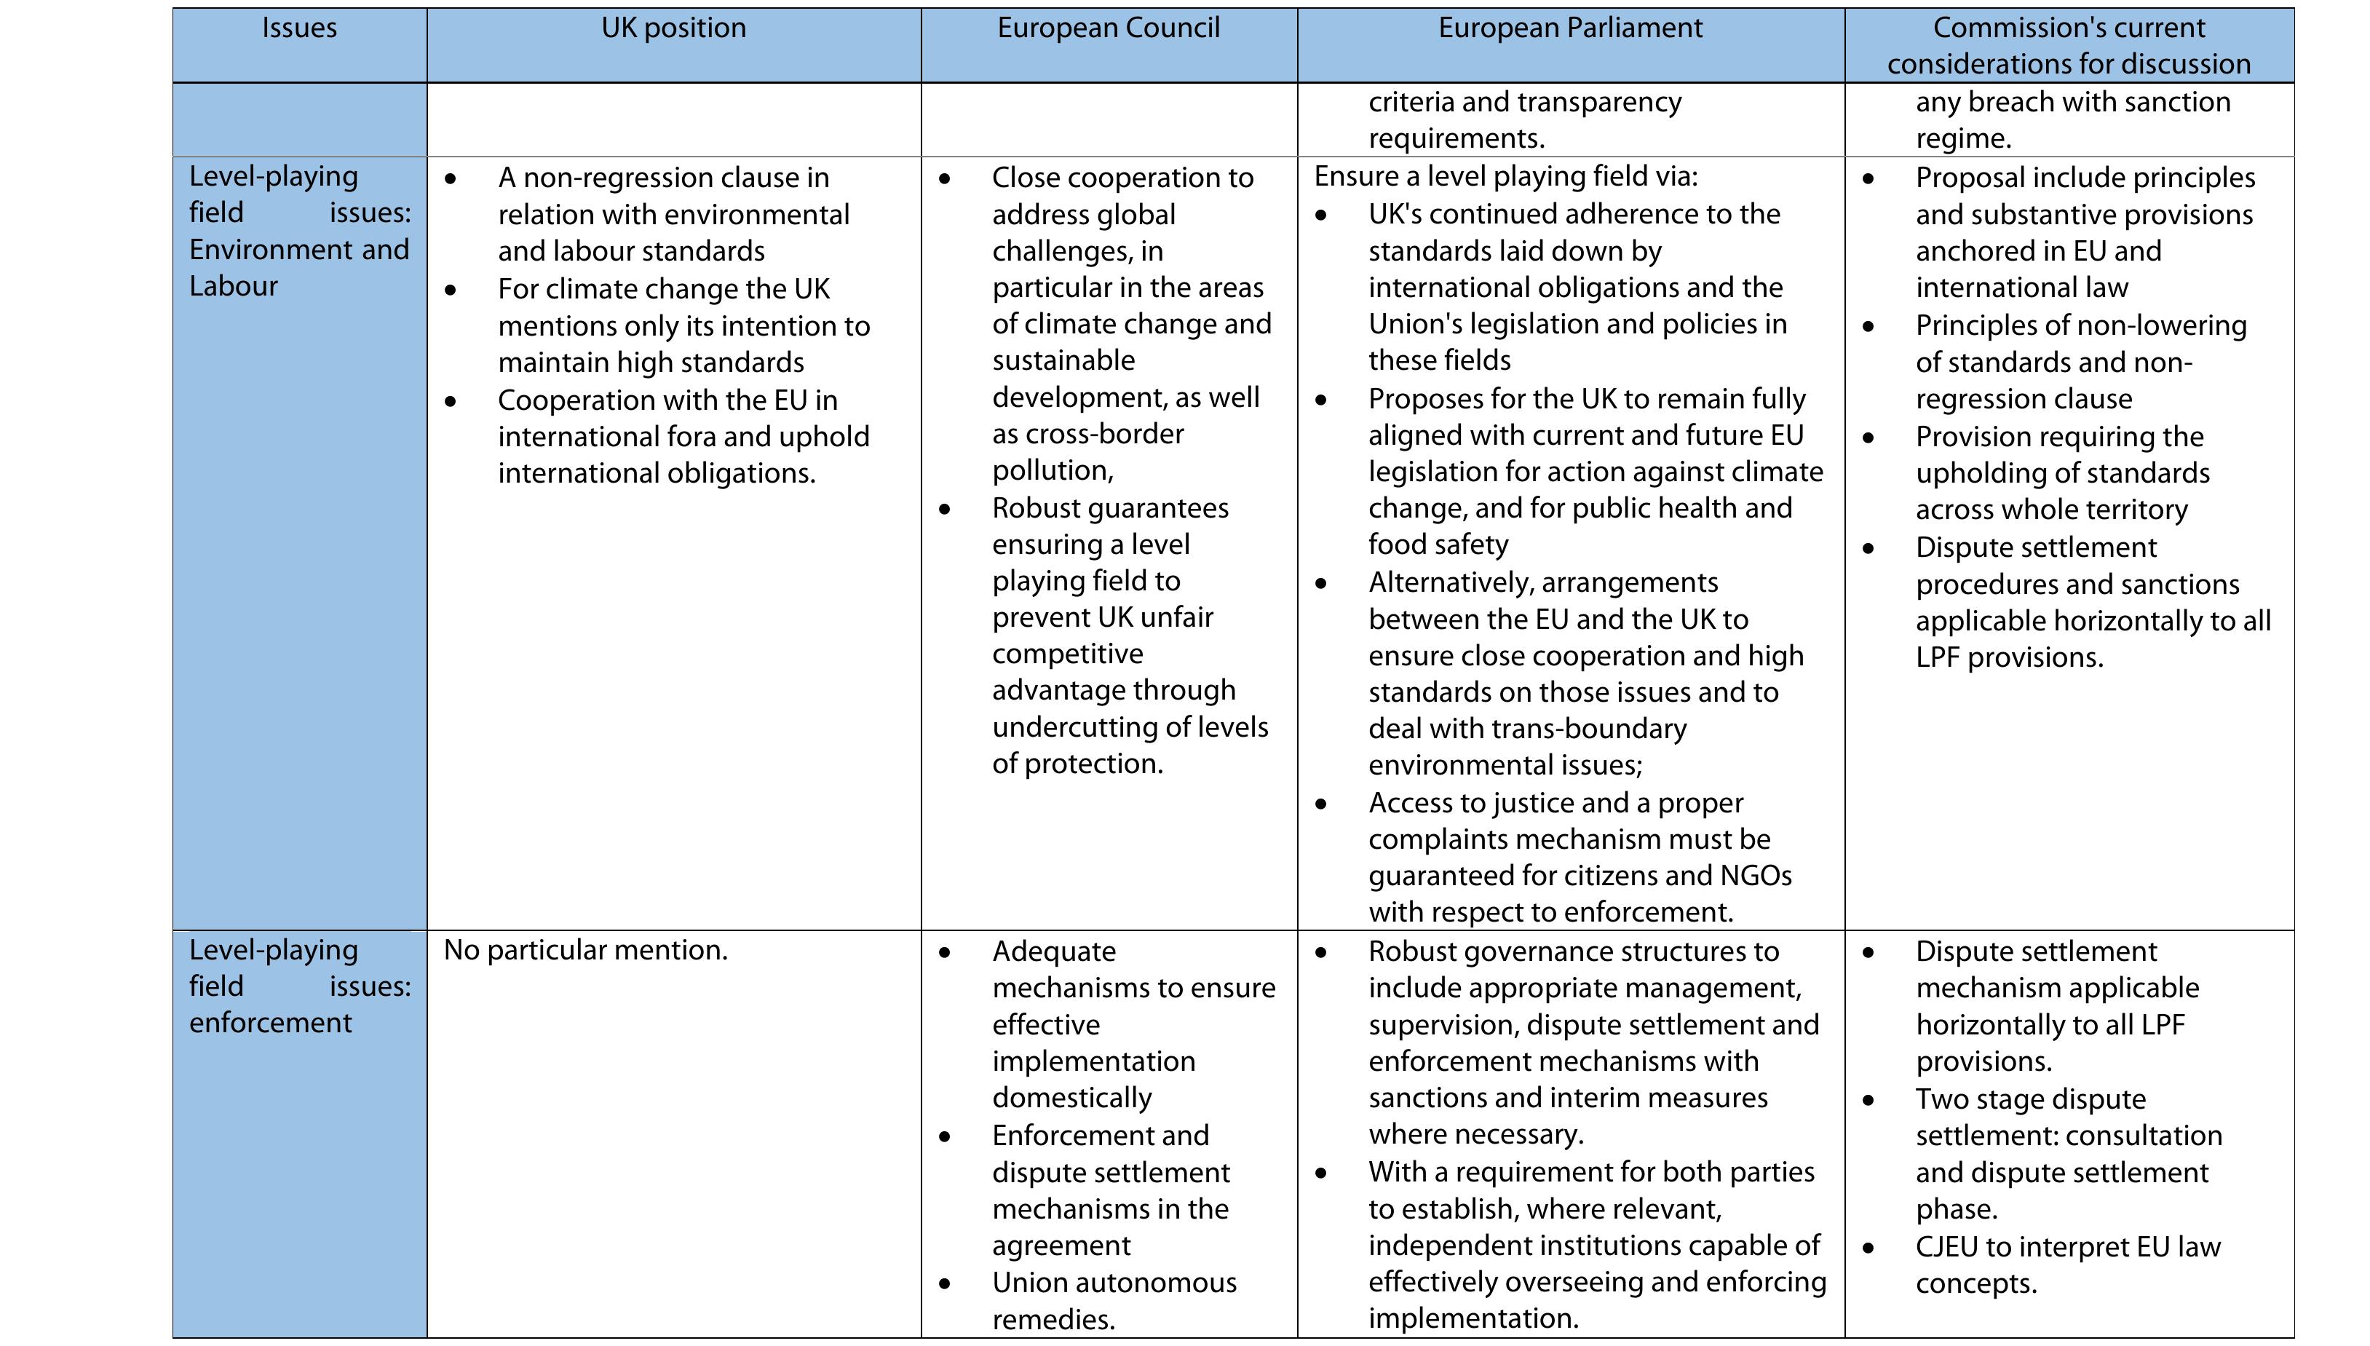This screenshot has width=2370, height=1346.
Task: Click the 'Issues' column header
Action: (x=298, y=28)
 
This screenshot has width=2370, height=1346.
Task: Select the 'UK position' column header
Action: (x=673, y=28)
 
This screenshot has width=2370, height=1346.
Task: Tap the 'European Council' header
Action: (x=1109, y=28)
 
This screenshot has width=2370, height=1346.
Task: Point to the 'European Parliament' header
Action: (x=1569, y=28)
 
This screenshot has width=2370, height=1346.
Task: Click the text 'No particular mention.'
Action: (x=585, y=950)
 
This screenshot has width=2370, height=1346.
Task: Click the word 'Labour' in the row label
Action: (x=233, y=287)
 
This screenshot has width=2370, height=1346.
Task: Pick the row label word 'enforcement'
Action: (x=270, y=1024)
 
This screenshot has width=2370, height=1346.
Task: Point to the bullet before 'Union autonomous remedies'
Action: (x=944, y=1284)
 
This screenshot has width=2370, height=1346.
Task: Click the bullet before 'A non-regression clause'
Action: (x=450, y=178)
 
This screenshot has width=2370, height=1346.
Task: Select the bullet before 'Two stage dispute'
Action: (x=1868, y=1100)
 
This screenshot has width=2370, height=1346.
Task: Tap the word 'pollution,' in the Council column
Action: (x=1053, y=470)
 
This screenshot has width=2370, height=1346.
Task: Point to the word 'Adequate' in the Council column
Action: (x=1054, y=951)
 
